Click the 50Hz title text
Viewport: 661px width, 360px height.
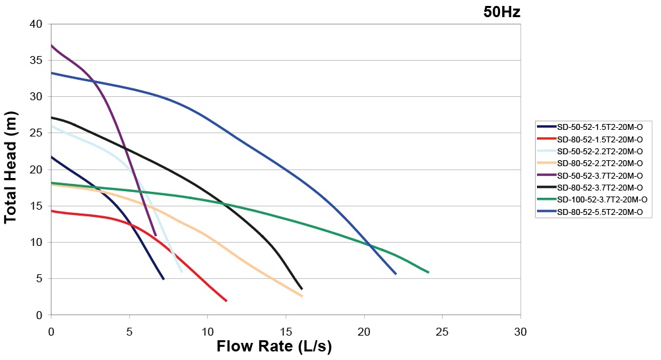502,11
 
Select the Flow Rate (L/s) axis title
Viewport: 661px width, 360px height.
274,346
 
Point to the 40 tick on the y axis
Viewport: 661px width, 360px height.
36,24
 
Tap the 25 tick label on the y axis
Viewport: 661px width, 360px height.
36,133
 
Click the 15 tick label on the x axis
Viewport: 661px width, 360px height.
286,329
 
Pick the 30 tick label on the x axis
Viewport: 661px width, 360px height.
520,329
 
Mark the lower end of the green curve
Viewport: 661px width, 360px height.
428,272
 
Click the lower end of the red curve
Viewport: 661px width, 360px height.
226,301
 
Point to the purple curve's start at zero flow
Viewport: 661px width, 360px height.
51,45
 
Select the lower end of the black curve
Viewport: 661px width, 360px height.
301,289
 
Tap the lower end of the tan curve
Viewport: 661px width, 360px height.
301,296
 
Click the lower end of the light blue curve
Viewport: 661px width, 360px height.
181,271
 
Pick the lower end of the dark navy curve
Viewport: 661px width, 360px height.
163,279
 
